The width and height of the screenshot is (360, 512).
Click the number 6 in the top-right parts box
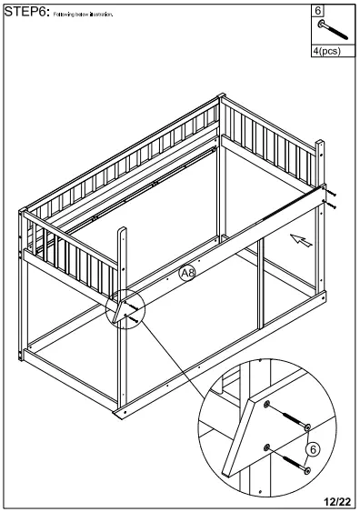[x=317, y=10]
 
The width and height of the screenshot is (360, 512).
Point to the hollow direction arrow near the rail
[x=302, y=240]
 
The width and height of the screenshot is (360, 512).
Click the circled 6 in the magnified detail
[x=313, y=449]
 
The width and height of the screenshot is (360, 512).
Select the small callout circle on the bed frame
[x=125, y=308]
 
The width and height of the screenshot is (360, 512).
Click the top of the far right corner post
[x=319, y=144]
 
